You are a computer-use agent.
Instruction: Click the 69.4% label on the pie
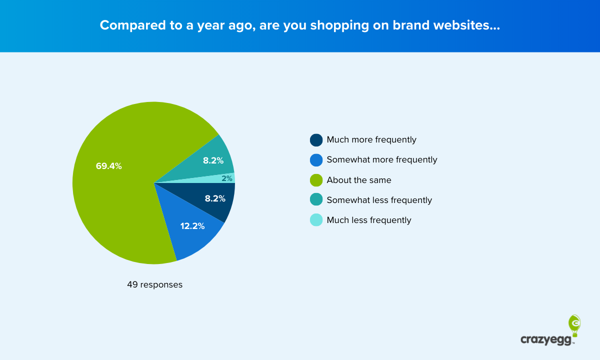[109, 166]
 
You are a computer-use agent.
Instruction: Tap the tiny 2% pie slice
[227, 178]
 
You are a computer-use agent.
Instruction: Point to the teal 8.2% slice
[213, 160]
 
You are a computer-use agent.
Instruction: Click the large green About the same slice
[120, 200]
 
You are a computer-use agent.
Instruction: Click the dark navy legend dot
[316, 140]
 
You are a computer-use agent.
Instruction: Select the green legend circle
[316, 180]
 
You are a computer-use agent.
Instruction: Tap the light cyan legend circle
[316, 220]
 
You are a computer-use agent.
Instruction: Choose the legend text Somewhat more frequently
[382, 160]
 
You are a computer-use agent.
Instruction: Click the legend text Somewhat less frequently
[379, 200]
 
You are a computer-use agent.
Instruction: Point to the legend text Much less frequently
[369, 220]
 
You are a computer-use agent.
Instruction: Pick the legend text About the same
[359, 180]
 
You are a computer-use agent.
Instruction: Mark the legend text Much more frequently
[371, 140]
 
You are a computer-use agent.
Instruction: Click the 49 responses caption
[155, 285]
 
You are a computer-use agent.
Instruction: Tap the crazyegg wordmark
[547, 340]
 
